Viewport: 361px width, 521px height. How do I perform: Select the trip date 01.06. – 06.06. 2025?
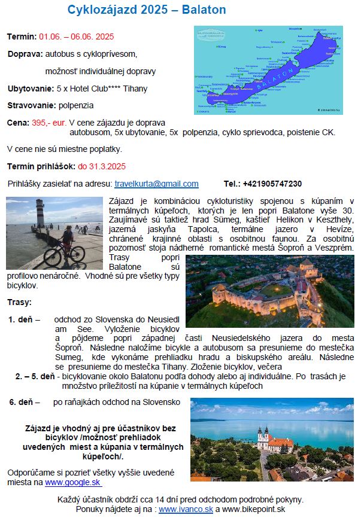(77, 37)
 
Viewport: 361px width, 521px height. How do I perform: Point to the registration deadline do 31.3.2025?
(102, 166)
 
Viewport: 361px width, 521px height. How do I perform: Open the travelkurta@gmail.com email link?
(156, 184)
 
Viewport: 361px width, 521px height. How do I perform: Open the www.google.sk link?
(73, 482)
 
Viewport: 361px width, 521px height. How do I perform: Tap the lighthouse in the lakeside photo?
(40, 219)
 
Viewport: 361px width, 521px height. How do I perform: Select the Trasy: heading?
(20, 303)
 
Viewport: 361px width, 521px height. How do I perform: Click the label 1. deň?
(21, 319)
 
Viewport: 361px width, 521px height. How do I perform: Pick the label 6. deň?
(21, 403)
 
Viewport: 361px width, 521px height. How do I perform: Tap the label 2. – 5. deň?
(35, 377)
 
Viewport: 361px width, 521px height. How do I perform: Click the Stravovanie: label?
(32, 105)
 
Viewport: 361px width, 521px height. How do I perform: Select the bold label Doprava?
(25, 54)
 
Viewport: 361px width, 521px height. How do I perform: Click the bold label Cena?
(18, 123)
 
